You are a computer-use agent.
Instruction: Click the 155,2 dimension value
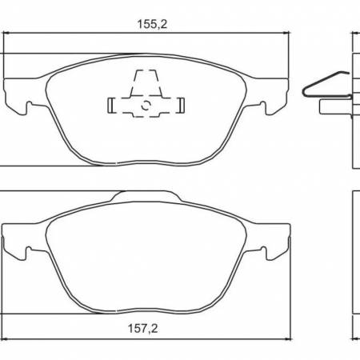tap(146, 24)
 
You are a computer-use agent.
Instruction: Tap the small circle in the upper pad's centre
tap(146, 103)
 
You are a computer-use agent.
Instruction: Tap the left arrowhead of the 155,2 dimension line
tap(8, 34)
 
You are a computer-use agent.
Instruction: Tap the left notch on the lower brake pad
tap(29, 255)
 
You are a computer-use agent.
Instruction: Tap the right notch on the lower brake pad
tap(262, 255)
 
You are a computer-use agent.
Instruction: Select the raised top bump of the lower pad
tap(146, 195)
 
